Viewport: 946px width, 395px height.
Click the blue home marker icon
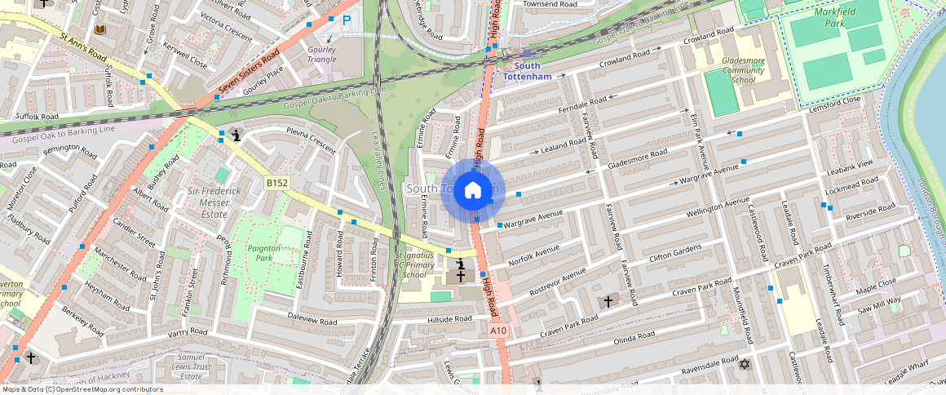click(473, 191)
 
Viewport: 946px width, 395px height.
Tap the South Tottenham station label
click(527, 71)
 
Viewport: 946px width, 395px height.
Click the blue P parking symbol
click(347, 21)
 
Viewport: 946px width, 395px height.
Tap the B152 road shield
click(277, 184)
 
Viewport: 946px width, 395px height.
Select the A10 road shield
click(499, 331)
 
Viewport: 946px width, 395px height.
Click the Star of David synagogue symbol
click(743, 363)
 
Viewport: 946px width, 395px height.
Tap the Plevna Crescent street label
click(311, 140)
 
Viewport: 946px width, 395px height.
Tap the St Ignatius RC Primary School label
click(421, 264)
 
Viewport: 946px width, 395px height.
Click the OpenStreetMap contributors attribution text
click(82, 389)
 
